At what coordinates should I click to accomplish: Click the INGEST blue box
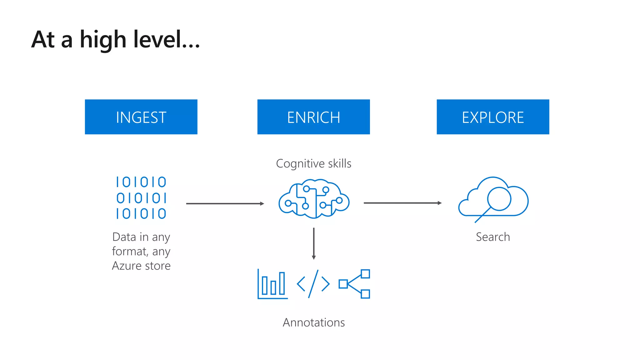point(141,117)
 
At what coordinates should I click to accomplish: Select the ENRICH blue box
point(313,117)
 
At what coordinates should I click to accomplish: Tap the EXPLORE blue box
point(493,117)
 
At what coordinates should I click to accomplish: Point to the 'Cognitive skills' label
point(313,163)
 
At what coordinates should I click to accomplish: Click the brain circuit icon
point(314,199)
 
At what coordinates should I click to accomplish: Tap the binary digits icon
point(141,198)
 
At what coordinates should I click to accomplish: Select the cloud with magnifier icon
point(493,199)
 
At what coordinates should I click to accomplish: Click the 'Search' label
point(493,237)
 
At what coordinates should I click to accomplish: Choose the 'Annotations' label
point(314,322)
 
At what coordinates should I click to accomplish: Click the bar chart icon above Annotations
point(272,284)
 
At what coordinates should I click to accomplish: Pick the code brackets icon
point(313,284)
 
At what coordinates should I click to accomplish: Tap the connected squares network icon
point(355,284)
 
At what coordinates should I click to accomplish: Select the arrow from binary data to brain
point(225,204)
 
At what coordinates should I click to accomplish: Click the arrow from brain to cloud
point(402,203)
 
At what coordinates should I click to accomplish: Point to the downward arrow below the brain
point(314,243)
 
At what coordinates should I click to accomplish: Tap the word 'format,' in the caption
point(130,251)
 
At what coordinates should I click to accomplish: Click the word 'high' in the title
point(103,40)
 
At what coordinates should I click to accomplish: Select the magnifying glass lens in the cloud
point(499,198)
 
